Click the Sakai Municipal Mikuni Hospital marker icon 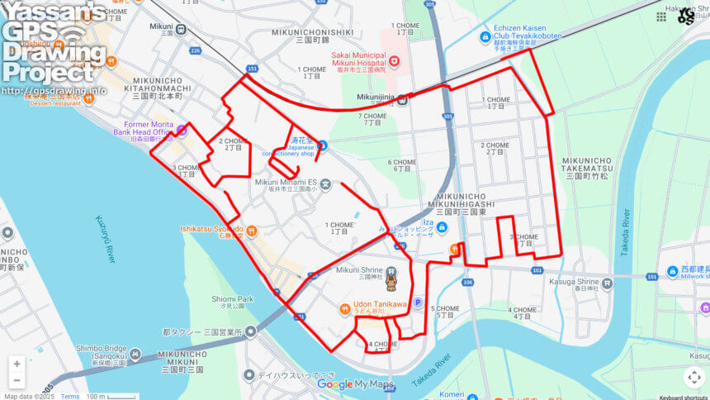[394, 60]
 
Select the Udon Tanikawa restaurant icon [345, 309]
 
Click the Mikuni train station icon [181, 30]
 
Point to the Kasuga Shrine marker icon [608, 283]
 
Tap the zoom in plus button [17, 364]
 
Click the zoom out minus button [17, 380]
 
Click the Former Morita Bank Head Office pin [182, 130]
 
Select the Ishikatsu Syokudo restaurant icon [252, 231]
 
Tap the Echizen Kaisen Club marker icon [485, 37]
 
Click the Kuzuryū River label [105, 239]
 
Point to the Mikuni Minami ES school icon [326, 183]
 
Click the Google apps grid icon [661, 17]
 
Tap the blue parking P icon [418, 302]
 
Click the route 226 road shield [196, 51]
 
